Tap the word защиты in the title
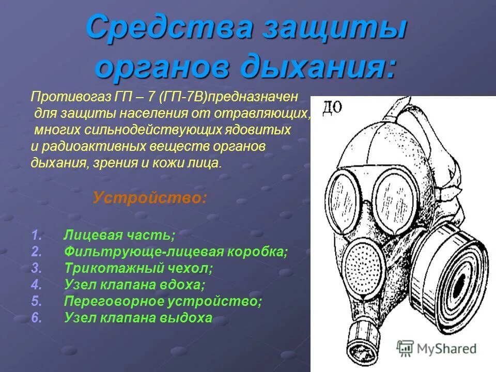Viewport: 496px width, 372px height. tap(330, 28)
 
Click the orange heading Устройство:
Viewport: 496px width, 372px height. tap(150, 198)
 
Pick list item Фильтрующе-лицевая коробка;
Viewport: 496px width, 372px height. tap(176, 252)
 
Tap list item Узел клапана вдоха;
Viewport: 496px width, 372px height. tap(134, 285)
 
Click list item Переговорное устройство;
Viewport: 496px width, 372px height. tap(163, 301)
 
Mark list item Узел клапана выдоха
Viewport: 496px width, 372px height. tap(138, 318)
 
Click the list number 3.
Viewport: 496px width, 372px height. tap(36, 269)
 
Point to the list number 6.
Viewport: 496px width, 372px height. tap(36, 318)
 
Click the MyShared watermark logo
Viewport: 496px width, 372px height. tap(437, 348)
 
